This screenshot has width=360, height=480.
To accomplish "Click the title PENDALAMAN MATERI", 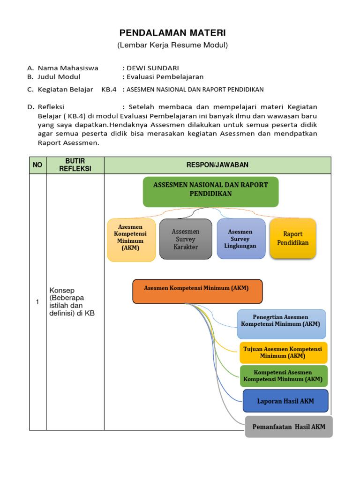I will coord(172,33).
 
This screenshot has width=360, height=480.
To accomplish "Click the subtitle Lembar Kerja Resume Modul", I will coord(172,45).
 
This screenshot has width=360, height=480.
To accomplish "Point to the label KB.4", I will coord(109,90).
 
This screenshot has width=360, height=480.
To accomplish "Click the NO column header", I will coord(37,165).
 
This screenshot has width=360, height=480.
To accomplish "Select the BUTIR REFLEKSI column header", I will coord(75,165).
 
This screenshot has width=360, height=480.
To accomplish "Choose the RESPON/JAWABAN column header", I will coord(217,165).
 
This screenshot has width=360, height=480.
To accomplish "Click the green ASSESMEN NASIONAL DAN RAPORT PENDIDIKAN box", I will coord(210,191).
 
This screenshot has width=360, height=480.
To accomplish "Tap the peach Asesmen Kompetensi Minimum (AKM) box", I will coord(131,240).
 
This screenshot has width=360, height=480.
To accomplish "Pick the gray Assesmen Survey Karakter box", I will coord(186,239).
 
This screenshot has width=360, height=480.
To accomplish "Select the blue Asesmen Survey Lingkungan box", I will coord(241,239).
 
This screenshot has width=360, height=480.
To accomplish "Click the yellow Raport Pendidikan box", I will coord(293,238).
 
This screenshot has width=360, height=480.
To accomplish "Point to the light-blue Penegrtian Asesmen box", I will coord(281,324).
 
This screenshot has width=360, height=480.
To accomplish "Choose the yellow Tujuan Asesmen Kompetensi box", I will coord(284,352).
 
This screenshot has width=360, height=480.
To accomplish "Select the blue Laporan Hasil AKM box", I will coord(285,401).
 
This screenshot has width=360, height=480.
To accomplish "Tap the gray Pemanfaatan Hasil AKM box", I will coord(289,427).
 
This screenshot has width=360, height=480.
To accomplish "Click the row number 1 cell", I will coord(37,302).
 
